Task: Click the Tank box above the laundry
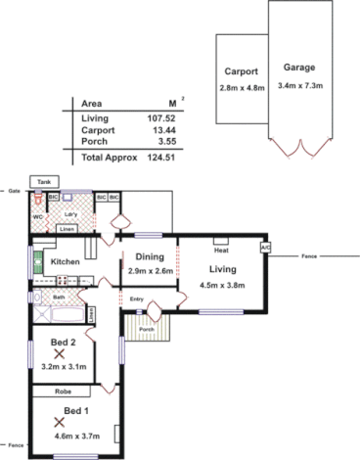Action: tap(43, 182)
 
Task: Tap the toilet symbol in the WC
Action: tap(39, 199)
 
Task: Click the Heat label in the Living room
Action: tap(221, 251)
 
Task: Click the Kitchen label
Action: tap(65, 262)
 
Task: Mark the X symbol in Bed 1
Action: tap(60, 423)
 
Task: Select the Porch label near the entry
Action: tap(146, 329)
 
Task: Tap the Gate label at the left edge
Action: tap(14, 190)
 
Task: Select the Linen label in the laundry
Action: tap(67, 229)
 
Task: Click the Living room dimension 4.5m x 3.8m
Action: tap(227, 285)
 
